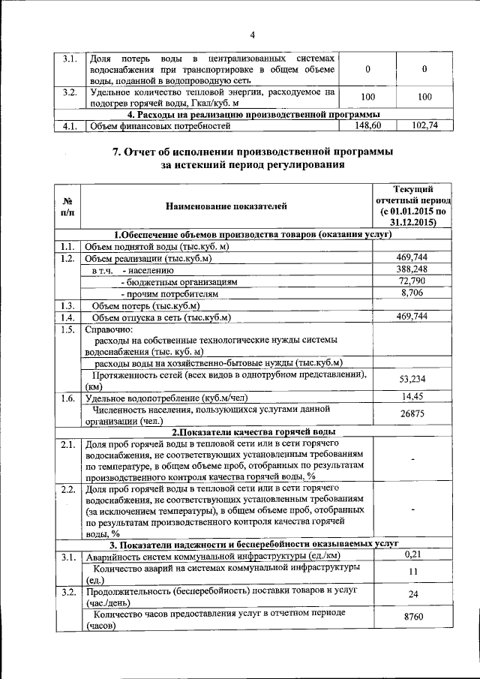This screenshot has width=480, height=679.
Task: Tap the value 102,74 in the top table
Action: click(424, 126)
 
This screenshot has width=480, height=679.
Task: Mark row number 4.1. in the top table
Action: click(69, 126)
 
